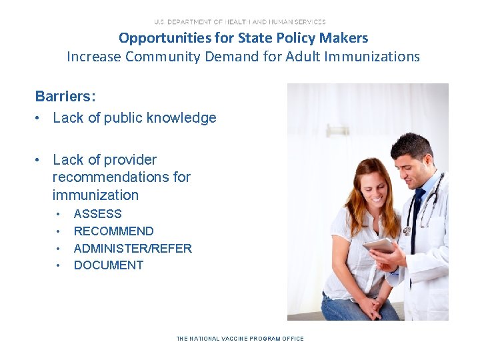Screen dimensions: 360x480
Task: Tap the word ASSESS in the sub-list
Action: click(x=97, y=214)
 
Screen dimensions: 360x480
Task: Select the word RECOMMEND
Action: click(x=113, y=231)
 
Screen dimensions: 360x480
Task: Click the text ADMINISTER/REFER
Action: click(x=133, y=249)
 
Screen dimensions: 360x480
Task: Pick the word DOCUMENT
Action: click(x=109, y=265)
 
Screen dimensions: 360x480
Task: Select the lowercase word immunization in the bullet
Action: click(x=95, y=195)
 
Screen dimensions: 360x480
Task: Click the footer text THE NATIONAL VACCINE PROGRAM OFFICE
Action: click(x=240, y=339)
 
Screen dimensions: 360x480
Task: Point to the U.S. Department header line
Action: click(x=240, y=22)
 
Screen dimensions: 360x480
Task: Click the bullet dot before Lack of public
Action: click(x=39, y=119)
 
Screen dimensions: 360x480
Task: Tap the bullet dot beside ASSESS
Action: click(x=59, y=215)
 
